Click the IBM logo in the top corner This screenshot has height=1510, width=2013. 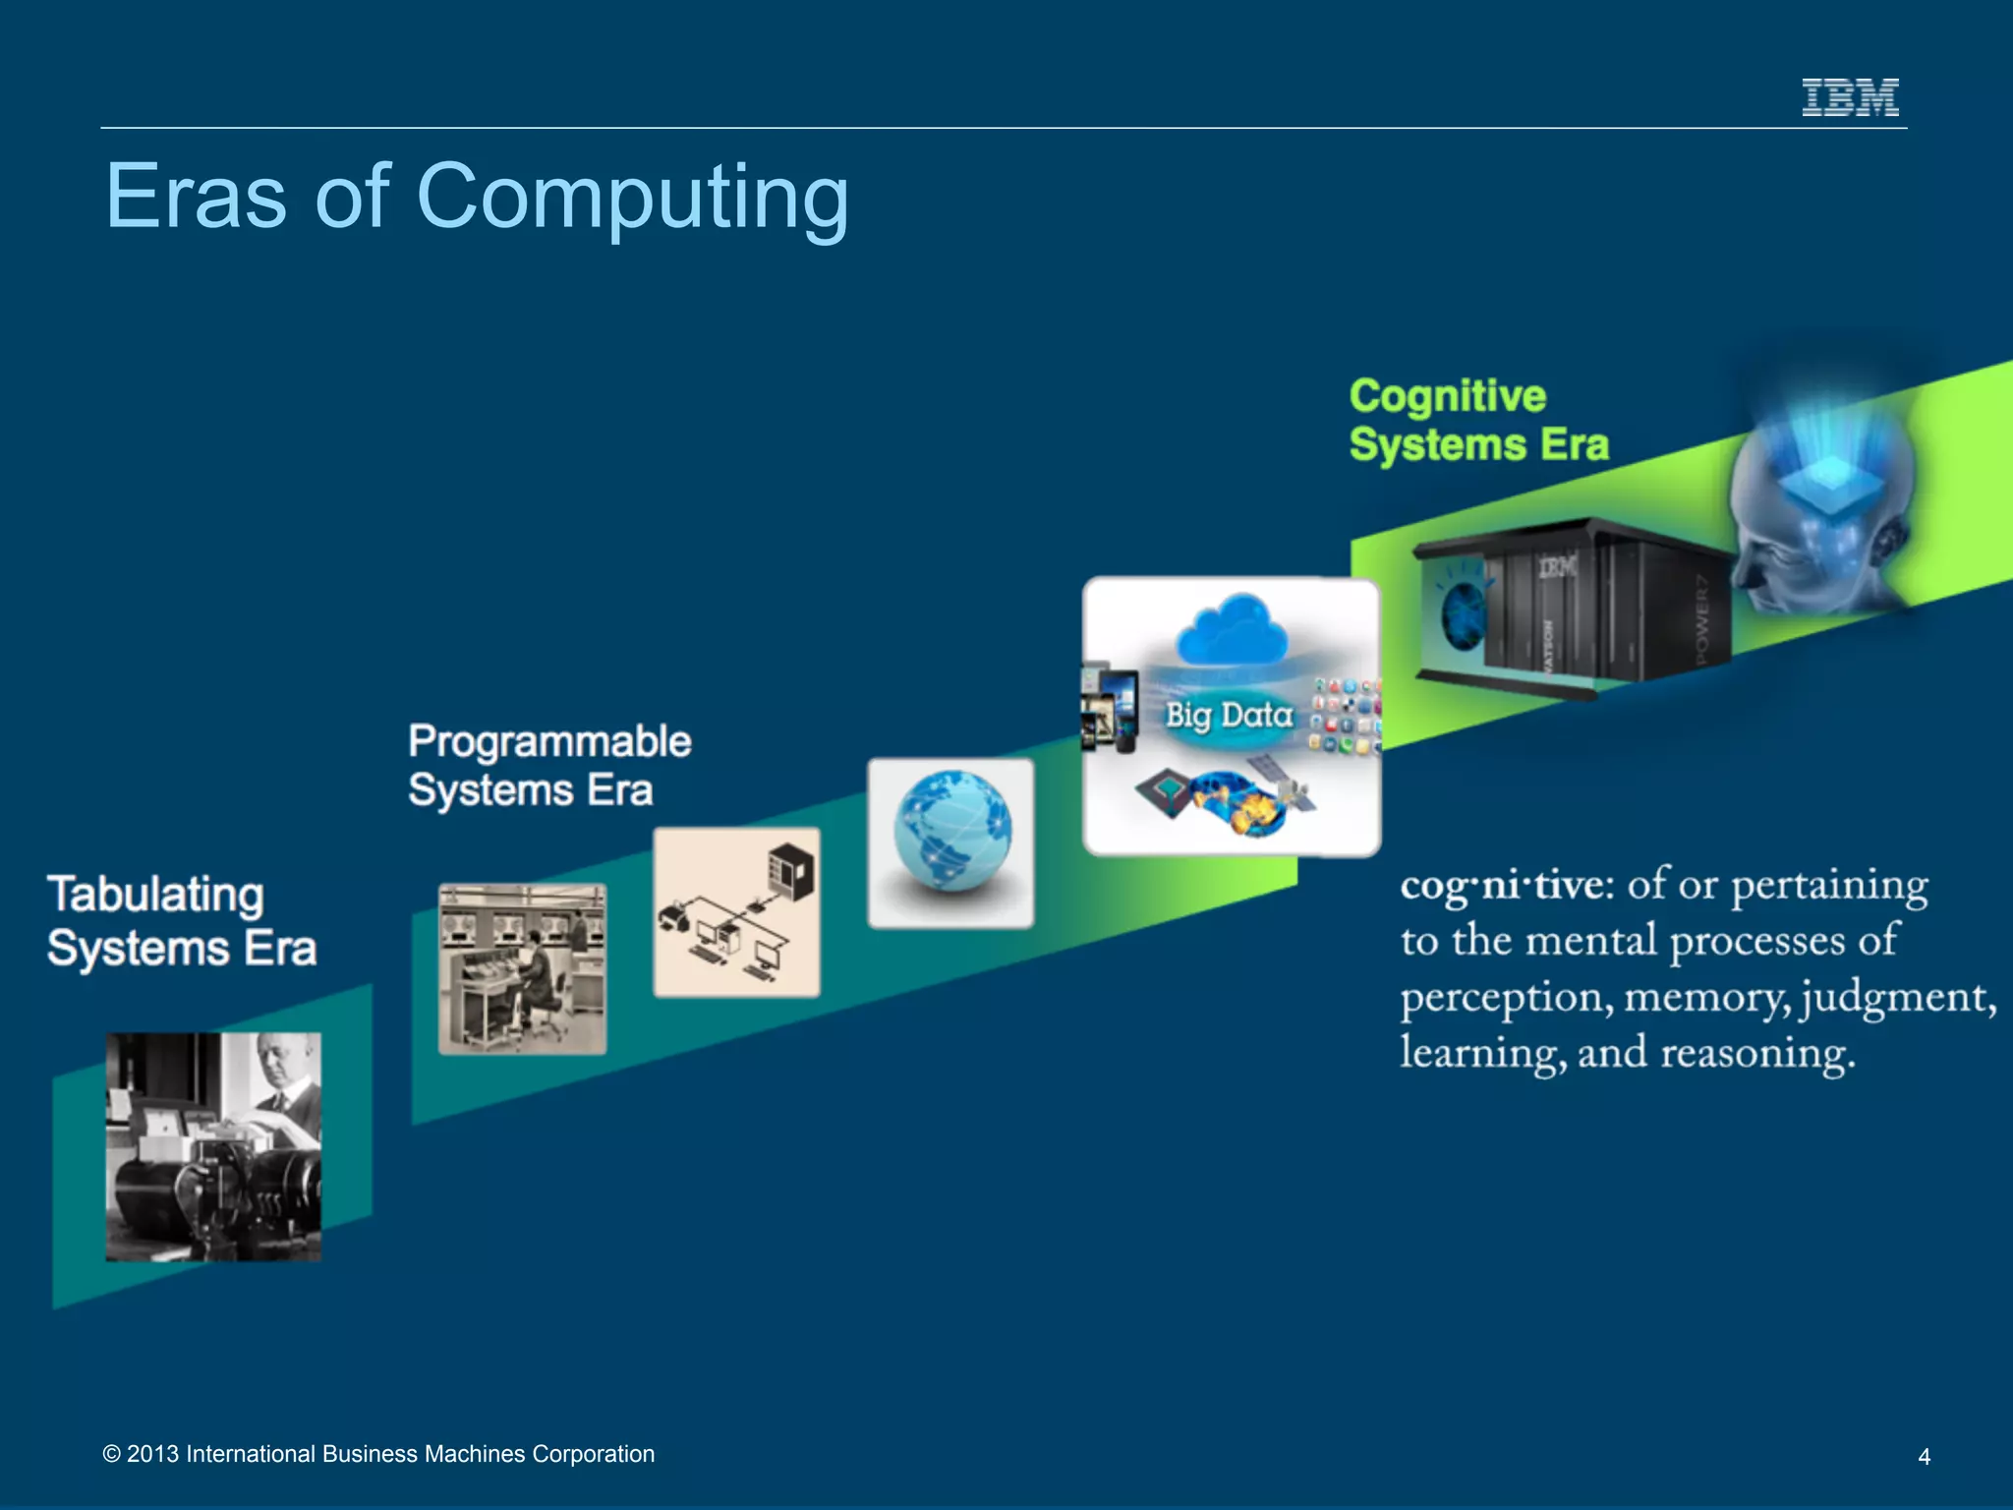pos(1850,97)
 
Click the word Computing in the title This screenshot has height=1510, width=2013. pos(632,197)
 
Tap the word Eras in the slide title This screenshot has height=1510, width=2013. pos(196,197)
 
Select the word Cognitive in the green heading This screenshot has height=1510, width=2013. pos(1447,396)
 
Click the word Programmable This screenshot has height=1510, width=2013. pos(549,741)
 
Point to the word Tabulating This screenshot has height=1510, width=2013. pos(155,895)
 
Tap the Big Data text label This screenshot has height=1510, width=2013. pos(1229,715)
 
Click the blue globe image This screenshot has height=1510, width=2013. pos(950,832)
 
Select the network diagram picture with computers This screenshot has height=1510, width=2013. pos(736,912)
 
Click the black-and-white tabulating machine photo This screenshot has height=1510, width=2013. pos(213,1146)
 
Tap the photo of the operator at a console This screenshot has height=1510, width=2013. pos(522,969)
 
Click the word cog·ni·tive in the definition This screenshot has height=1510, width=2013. pos(1506,886)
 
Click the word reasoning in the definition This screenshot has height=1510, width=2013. pos(1757,1053)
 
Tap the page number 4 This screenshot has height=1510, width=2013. pos(1924,1457)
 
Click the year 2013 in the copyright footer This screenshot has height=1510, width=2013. pos(152,1454)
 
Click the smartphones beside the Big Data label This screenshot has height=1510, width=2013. pos(1111,709)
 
